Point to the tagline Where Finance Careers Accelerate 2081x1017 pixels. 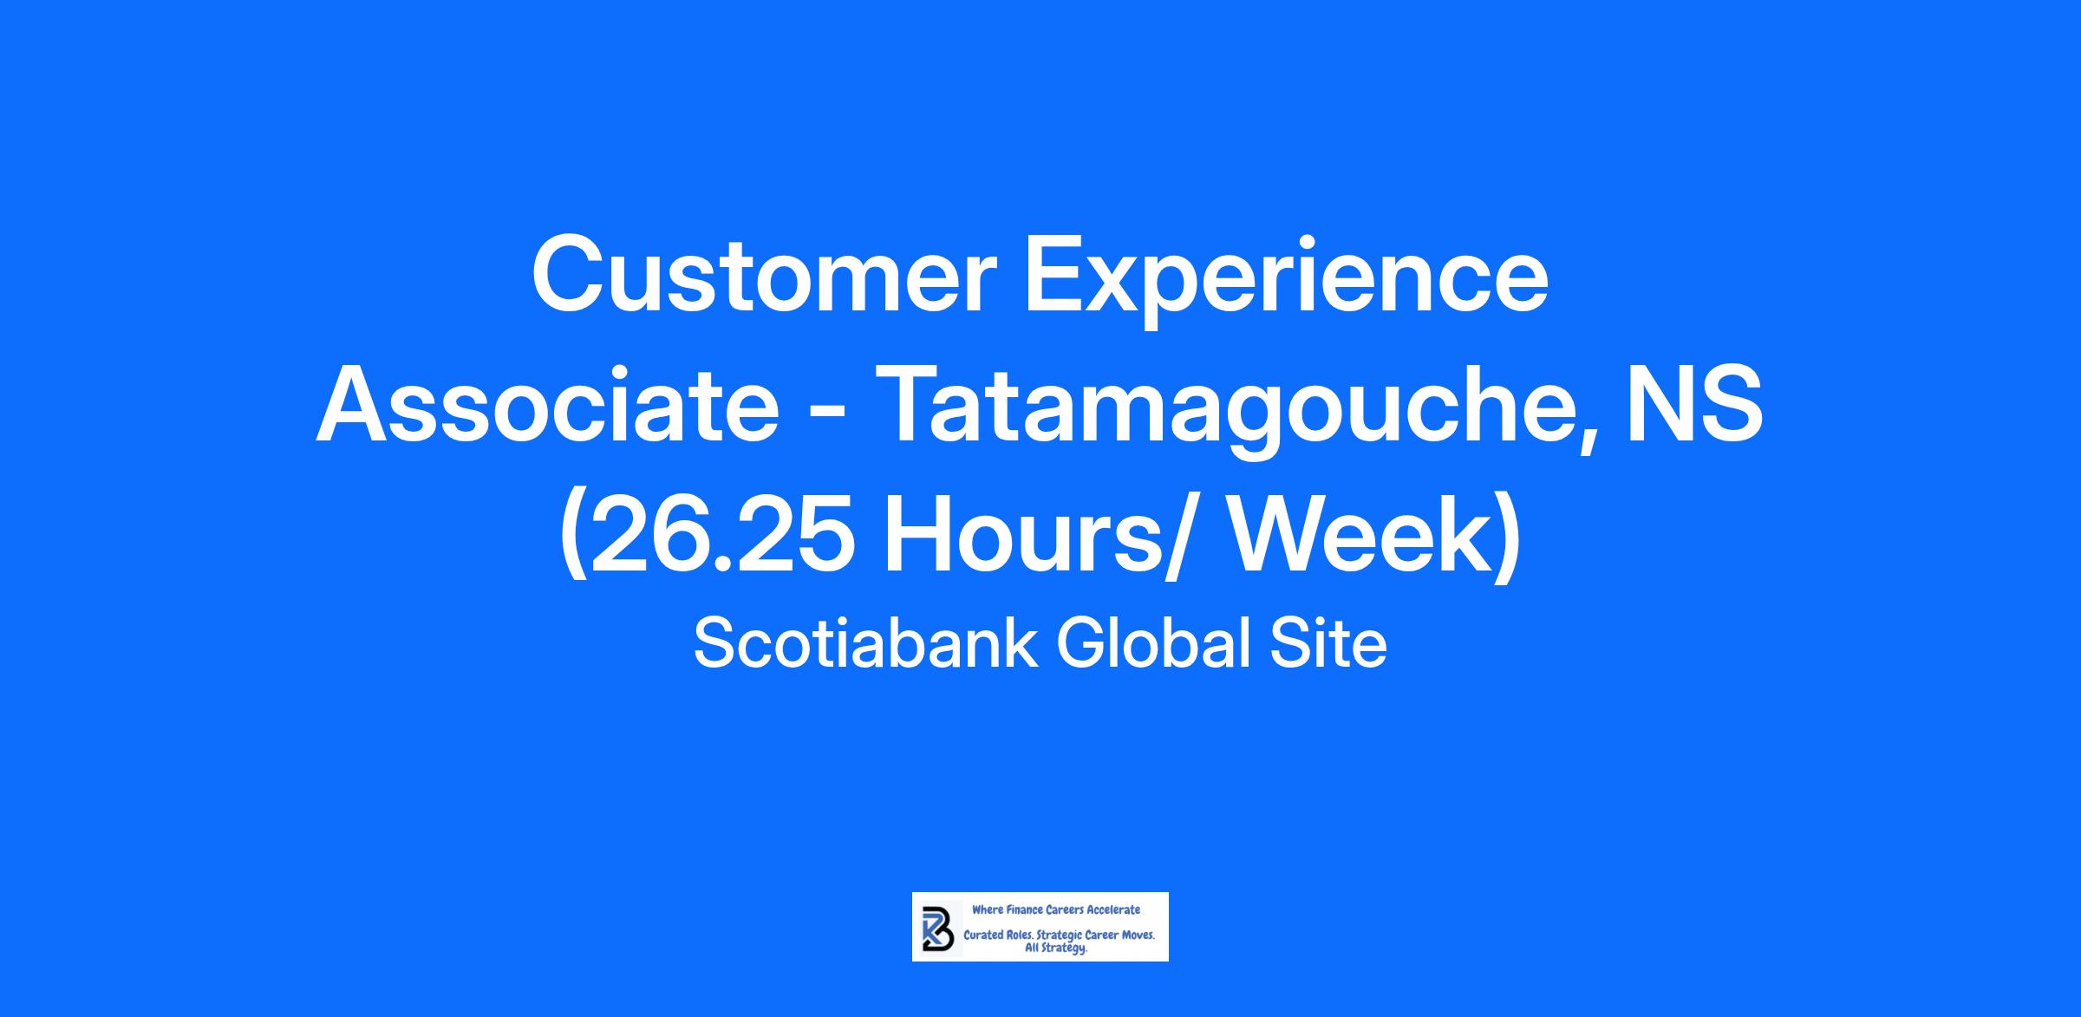[x=1056, y=909]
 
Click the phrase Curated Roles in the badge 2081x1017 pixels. [x=998, y=936]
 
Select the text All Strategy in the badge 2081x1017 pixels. [x=1055, y=949]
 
